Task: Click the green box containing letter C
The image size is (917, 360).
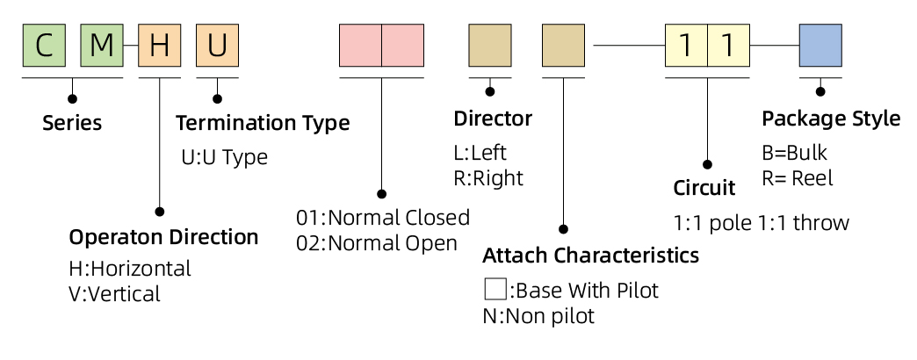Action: [x=44, y=45]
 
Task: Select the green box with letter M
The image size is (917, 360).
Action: [x=102, y=45]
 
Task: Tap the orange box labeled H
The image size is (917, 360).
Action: [x=160, y=45]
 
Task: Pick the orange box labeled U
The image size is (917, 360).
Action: [x=218, y=45]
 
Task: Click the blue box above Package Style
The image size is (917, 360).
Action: [x=820, y=45]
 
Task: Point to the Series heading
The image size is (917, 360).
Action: [x=72, y=123]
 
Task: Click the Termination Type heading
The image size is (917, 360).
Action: [x=263, y=123]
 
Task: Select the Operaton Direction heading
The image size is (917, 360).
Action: [x=163, y=237]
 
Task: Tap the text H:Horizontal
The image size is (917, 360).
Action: [x=130, y=269]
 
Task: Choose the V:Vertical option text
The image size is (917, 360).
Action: [x=114, y=293]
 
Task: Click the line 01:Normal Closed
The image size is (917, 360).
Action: [x=383, y=218]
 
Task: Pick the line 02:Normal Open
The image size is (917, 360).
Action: [x=377, y=243]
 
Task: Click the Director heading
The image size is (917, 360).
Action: [x=493, y=119]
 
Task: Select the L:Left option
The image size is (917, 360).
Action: [x=480, y=153]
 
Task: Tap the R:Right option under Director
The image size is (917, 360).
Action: [x=488, y=178]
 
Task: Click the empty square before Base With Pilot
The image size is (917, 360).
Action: [x=495, y=289]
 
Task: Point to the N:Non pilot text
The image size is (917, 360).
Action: [x=538, y=316]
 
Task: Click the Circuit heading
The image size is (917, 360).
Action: [x=704, y=188]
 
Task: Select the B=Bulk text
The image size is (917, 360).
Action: [x=795, y=153]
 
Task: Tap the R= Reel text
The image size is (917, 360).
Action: [x=798, y=178]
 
